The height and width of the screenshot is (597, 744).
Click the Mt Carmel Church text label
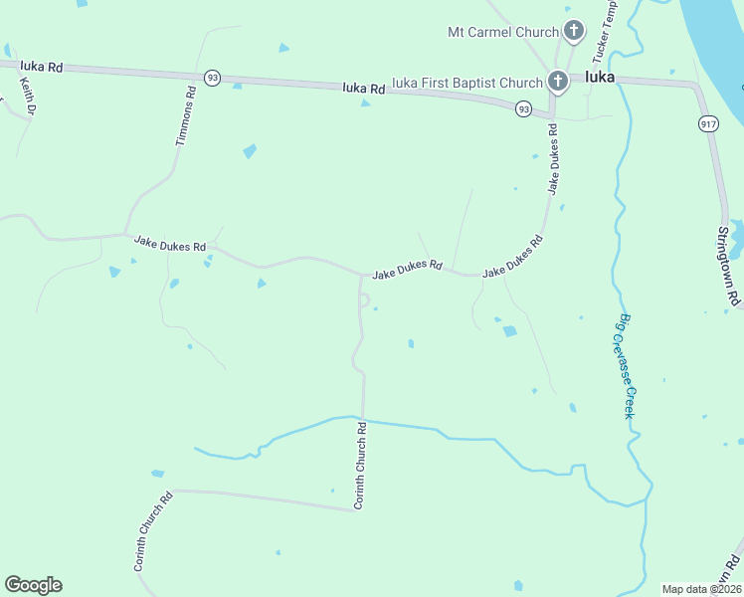coord(503,32)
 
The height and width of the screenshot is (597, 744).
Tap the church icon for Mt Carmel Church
coord(574,31)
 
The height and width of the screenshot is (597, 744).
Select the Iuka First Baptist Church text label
coord(467,83)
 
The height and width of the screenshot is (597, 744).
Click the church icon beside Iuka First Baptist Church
coord(558,82)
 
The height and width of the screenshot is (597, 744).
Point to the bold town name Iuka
coord(600,77)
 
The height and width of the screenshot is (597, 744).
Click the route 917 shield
coord(707,123)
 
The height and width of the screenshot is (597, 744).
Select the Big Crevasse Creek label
coord(627,366)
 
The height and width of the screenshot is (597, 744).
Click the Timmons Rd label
coord(186,116)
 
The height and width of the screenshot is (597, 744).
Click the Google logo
coord(33,585)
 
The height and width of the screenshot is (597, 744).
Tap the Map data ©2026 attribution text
coord(701,589)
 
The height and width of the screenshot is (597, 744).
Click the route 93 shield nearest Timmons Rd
coord(212,77)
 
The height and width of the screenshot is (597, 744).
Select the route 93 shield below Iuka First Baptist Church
coord(523,109)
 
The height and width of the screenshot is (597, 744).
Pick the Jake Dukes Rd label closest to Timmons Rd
coord(170,243)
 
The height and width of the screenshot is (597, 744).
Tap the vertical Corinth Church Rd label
coord(361,466)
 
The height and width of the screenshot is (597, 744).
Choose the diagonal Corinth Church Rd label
coord(154,531)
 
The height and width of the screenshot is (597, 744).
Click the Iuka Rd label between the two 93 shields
coord(363,89)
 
